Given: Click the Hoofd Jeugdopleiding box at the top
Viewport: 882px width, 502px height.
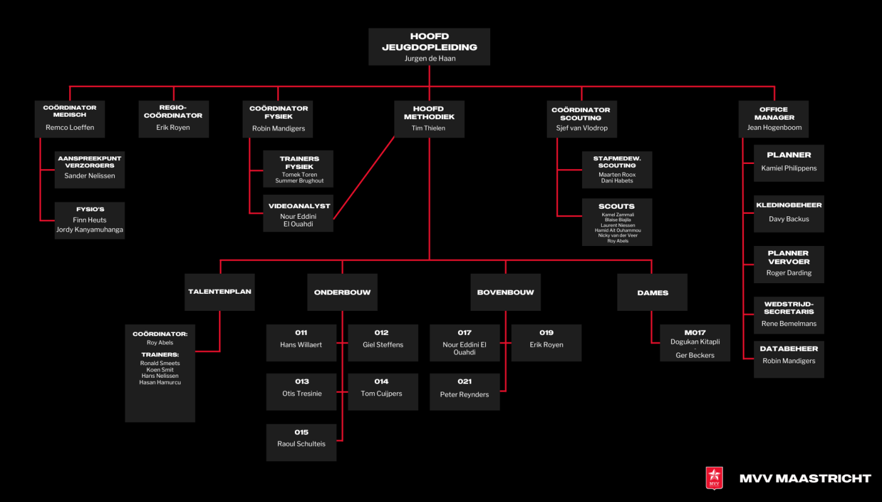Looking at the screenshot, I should (429, 47).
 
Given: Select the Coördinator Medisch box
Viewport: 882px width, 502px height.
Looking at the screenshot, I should (70, 119).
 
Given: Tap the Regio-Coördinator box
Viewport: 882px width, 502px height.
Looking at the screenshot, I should (173, 119).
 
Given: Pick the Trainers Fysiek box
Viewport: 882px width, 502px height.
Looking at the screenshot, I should (298, 169).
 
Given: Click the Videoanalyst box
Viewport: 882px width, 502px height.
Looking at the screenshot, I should (298, 214).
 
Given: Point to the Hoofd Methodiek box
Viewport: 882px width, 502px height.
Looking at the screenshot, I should (429, 119).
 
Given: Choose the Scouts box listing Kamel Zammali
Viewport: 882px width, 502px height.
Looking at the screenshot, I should (617, 223).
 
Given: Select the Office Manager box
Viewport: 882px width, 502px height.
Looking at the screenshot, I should (773, 119).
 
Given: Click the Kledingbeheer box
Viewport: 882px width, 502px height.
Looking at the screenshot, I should (789, 213).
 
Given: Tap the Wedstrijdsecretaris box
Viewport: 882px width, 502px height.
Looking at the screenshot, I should (789, 315).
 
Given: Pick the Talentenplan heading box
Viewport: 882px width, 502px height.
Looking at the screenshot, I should (220, 292).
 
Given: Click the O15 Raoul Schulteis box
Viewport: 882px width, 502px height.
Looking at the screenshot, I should (301, 442).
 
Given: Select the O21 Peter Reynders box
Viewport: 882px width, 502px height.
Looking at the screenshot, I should (465, 392).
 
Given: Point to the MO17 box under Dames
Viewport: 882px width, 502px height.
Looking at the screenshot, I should (695, 343).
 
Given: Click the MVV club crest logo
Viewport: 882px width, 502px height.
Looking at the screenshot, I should (714, 478).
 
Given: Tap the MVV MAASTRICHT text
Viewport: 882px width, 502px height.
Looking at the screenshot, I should (805, 479).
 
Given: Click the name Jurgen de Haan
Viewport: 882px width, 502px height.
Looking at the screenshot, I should (429, 59).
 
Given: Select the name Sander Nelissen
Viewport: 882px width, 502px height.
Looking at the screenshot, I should (89, 176).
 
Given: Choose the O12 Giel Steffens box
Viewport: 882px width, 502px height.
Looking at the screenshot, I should (383, 342).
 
